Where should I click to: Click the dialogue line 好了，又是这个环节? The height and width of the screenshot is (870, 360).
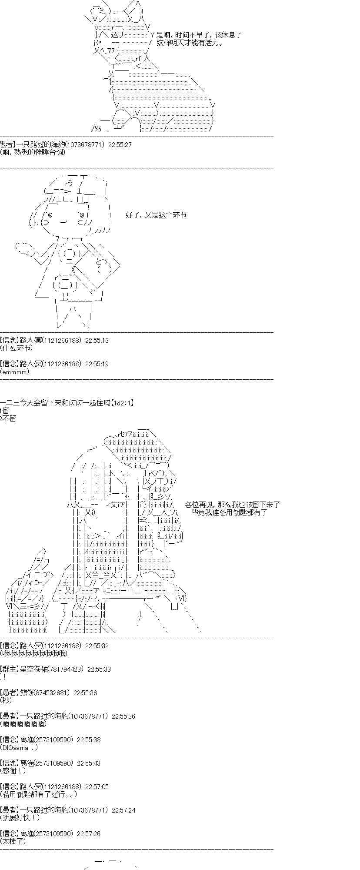(x=156, y=215)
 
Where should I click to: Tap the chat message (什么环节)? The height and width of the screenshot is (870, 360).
(x=17, y=348)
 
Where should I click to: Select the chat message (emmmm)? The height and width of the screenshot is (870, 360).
(x=15, y=371)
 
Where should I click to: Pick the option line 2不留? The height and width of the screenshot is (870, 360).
(x=9, y=418)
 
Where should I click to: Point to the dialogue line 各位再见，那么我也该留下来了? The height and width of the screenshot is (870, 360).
(x=232, y=505)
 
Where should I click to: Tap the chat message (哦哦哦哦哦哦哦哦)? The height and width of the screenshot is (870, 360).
(x=34, y=653)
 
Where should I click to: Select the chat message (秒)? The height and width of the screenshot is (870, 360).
(x=7, y=700)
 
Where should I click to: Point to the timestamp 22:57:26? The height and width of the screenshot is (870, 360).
(x=89, y=833)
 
